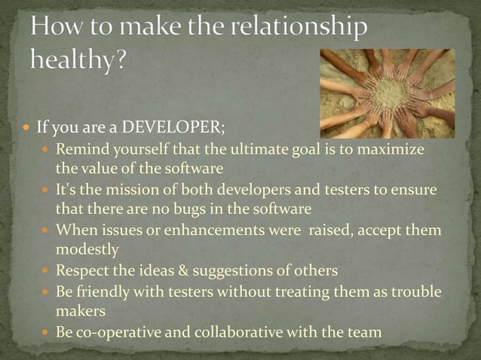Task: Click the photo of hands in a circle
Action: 387,93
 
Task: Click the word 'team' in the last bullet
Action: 367,331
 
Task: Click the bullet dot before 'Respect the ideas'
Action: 47,270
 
